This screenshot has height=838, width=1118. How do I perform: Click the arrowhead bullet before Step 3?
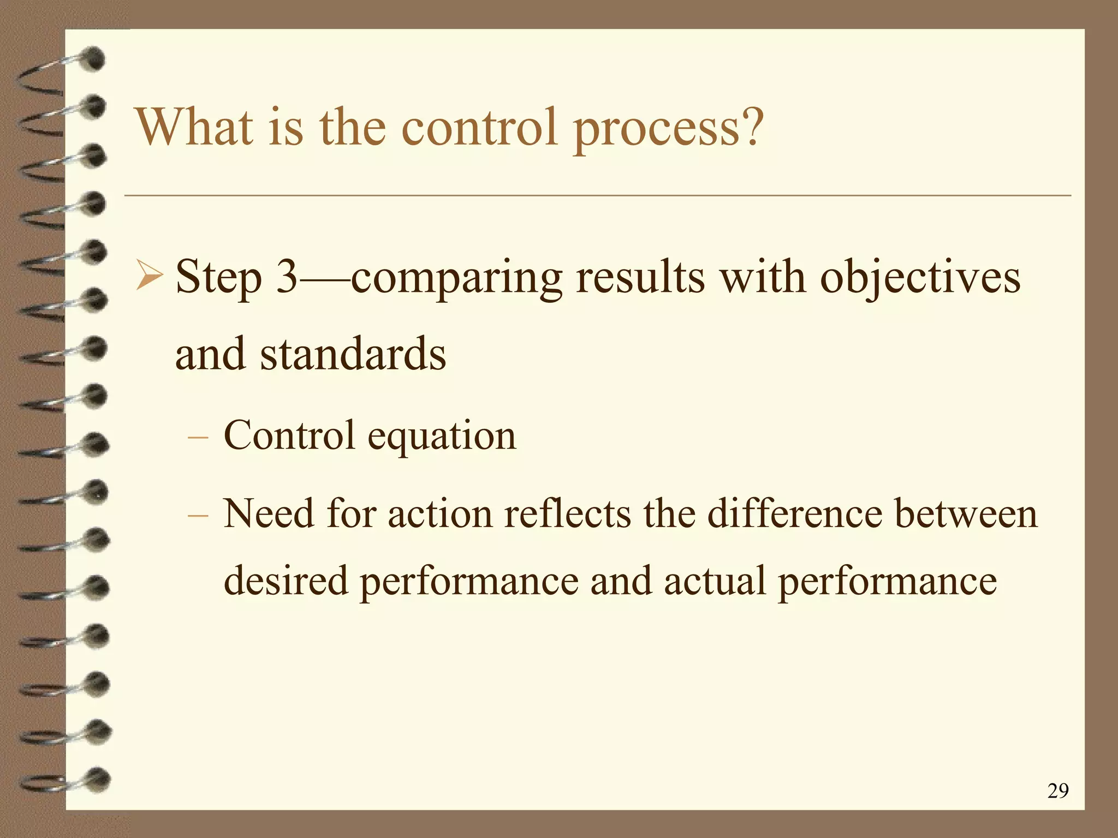click(x=149, y=276)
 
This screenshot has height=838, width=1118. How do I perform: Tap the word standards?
click(x=353, y=354)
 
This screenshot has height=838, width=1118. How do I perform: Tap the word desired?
click(x=286, y=580)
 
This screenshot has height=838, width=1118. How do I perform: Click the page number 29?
click(x=1058, y=791)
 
